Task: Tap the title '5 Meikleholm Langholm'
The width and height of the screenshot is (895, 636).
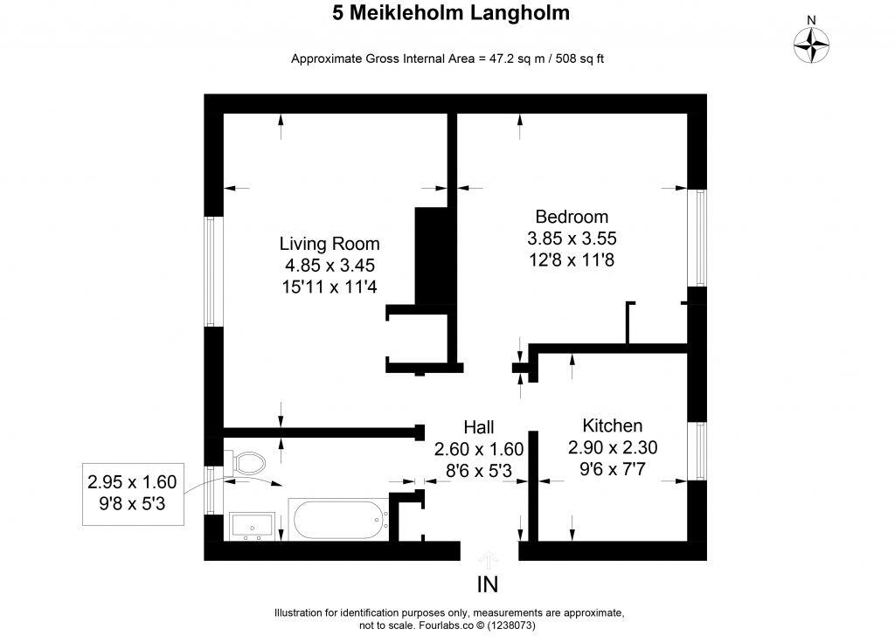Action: [451, 13]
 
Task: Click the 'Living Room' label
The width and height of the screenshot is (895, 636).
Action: [330, 243]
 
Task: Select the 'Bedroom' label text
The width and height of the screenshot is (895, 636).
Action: [572, 217]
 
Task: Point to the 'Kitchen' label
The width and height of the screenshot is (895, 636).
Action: [613, 426]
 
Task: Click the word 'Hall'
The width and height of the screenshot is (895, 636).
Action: [478, 427]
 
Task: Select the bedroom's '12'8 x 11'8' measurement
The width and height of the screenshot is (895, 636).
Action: [572, 259]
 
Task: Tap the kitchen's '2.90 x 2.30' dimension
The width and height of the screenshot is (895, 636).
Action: [613, 447]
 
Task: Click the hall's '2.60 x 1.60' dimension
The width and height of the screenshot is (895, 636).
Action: [478, 449]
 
